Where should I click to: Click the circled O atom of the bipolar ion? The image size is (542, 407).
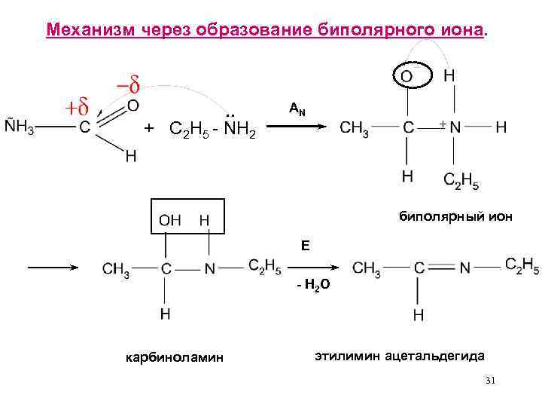tap(406, 76)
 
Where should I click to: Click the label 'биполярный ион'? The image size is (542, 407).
tap(455, 216)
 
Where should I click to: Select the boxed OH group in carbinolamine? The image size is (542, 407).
tap(170, 220)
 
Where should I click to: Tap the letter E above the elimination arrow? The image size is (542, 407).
tap(305, 245)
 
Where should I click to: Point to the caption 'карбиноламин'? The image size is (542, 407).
tap(175, 357)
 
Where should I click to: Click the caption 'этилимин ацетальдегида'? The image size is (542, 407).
tap(399, 354)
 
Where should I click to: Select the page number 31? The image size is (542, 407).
tap(490, 381)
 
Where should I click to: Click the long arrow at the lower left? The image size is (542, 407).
tap(53, 268)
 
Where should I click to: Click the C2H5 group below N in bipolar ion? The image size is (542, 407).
tap(461, 181)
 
